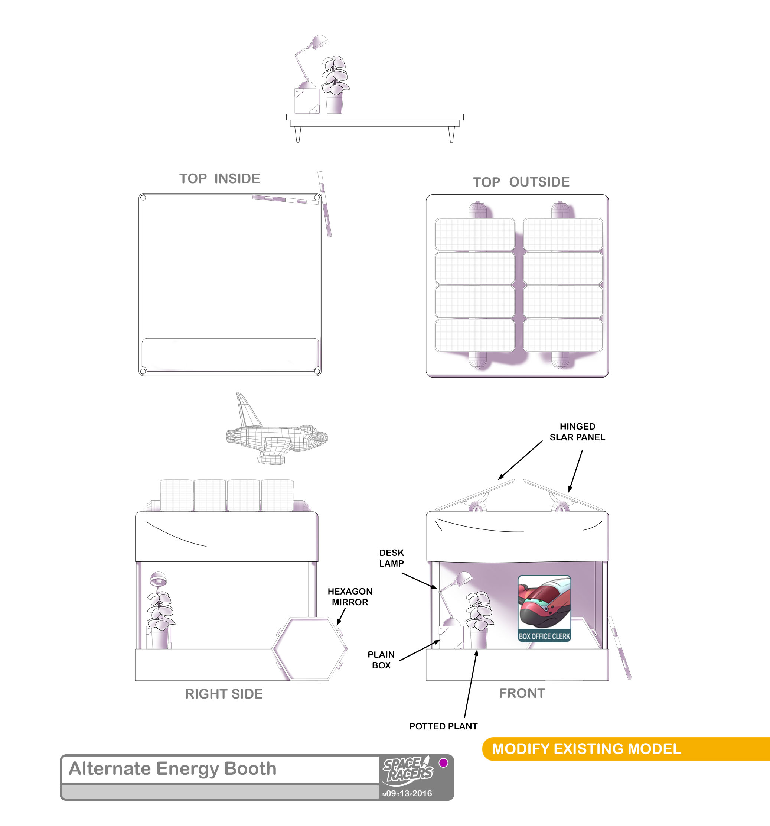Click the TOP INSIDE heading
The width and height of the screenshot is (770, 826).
(x=219, y=179)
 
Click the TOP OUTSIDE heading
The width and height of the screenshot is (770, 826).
(x=521, y=182)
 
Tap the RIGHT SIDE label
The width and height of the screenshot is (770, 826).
(x=224, y=694)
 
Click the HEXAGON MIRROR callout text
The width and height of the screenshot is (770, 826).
(x=350, y=597)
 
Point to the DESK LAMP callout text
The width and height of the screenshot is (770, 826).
(x=391, y=558)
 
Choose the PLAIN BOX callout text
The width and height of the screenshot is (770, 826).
(x=381, y=660)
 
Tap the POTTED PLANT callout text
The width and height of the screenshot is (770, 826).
(x=443, y=726)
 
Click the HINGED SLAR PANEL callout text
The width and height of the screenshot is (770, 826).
(x=577, y=432)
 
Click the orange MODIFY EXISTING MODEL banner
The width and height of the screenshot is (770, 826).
(x=626, y=749)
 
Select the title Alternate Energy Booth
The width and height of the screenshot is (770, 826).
(x=173, y=769)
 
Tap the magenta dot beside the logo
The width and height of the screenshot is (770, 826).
(x=443, y=763)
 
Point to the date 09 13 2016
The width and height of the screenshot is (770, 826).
(x=407, y=794)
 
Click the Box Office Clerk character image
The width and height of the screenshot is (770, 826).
(x=544, y=608)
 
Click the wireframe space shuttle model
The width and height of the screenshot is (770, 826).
(x=277, y=432)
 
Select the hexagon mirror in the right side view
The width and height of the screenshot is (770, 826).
(x=309, y=648)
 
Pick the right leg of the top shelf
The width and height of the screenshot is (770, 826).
(x=451, y=134)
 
